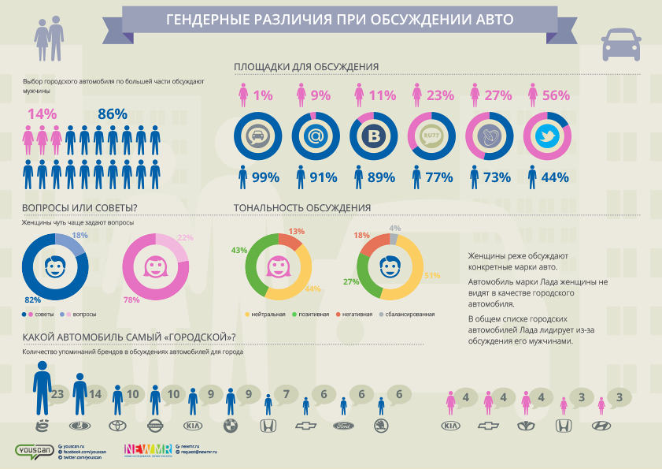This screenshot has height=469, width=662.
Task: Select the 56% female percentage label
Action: pos(555,95)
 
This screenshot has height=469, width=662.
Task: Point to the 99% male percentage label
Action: pos(265,177)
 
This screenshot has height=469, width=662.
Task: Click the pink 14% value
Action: pos(42,114)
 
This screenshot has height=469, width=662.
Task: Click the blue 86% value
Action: pos(113,114)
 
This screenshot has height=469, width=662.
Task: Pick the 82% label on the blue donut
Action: pos(32,300)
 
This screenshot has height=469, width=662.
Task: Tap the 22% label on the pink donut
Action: pos(185,238)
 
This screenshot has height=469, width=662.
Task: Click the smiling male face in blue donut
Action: pos(54,268)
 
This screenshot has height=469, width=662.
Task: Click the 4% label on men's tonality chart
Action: pos(395,229)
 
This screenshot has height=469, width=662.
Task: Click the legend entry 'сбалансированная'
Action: pos(410,314)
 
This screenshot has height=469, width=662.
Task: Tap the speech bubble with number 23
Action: pos(56,394)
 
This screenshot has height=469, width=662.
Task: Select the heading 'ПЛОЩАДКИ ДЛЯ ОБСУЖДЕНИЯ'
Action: pos(307,67)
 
